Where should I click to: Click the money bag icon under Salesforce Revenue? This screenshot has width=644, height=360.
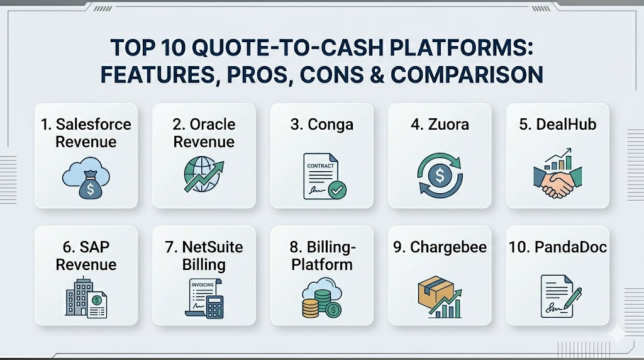coord(91,185)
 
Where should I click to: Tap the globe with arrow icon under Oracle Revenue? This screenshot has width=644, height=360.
coord(204,175)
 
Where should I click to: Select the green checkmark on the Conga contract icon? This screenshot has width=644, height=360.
coord(338,190)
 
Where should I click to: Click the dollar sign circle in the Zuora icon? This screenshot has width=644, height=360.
coord(440,176)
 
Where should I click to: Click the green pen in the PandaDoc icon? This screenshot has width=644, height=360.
coord(574,298)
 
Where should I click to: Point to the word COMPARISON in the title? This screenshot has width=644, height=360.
coord(467,75)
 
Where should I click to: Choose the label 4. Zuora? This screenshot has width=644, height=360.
coord(440,124)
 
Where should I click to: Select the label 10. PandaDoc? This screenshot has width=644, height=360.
coord(557,247)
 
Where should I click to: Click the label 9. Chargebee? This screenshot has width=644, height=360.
coord(440,247)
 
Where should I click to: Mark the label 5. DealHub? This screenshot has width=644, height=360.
coord(557,124)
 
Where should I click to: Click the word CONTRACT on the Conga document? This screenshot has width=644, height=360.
coord(320,166)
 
